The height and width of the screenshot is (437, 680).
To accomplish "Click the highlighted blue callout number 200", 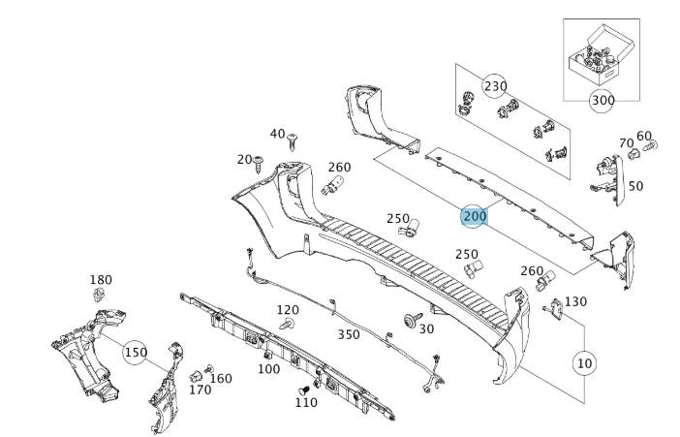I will click(x=474, y=216).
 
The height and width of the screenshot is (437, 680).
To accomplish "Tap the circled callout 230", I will click(x=495, y=85).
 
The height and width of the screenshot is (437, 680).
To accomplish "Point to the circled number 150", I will click(x=136, y=353).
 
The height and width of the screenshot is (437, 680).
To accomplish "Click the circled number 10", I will click(x=583, y=362).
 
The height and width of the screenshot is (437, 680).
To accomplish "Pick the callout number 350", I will click(x=349, y=334).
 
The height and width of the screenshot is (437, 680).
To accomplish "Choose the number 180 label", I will click(x=101, y=280).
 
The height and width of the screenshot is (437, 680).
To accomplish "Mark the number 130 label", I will click(x=575, y=302).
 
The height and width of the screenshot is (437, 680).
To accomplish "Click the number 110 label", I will click(x=305, y=402).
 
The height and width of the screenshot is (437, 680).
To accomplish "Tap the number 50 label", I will click(x=635, y=185).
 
